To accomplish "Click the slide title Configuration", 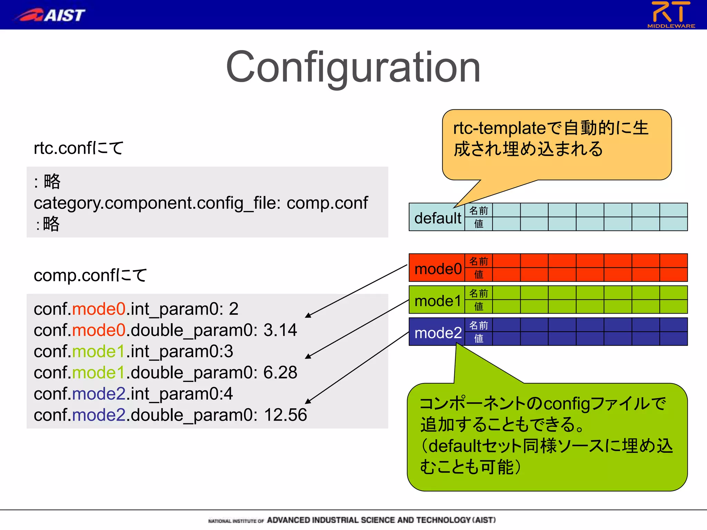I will tap(353, 67).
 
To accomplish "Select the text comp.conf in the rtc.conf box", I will tap(327, 203).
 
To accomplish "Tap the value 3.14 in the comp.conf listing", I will tap(280, 330).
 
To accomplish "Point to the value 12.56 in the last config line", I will tap(285, 415).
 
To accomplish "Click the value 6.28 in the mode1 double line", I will tap(280, 373).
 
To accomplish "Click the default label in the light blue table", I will tap(437, 218).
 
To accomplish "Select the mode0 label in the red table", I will tap(437, 269).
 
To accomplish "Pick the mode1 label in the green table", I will tap(437, 301).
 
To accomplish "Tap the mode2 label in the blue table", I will tap(437, 333).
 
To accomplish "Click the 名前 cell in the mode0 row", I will tap(478, 261).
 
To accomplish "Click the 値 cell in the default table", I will tap(478, 224).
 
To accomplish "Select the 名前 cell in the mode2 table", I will tap(478, 325).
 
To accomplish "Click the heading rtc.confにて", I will tap(78, 148).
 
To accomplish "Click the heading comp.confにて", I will tap(90, 275).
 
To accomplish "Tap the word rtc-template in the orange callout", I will tap(499, 128).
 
